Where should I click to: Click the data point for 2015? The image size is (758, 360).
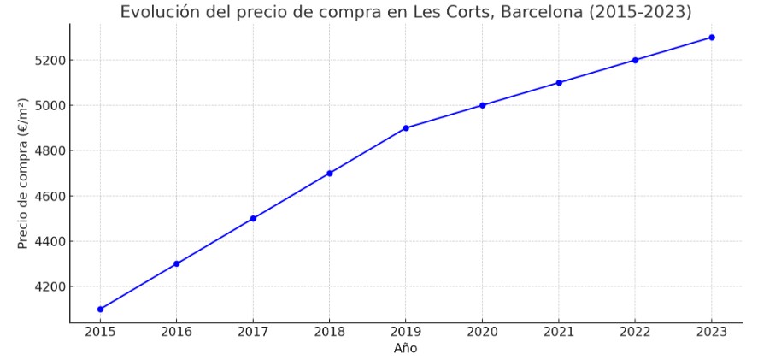click(100, 309)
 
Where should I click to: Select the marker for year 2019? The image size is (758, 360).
click(406, 128)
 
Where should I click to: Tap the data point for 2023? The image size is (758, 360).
click(712, 38)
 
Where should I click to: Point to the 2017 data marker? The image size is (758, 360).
click(253, 218)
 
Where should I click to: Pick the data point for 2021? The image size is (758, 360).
click(559, 83)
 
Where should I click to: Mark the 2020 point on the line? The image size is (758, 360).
click(483, 105)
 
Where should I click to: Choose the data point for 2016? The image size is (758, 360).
click(177, 263)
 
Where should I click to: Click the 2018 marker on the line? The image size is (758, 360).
click(330, 173)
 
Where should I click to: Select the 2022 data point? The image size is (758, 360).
click(635, 60)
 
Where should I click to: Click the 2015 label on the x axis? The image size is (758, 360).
click(100, 333)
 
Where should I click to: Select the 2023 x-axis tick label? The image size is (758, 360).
click(712, 333)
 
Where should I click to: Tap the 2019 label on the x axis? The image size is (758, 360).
click(406, 333)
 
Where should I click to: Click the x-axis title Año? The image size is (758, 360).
click(406, 349)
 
